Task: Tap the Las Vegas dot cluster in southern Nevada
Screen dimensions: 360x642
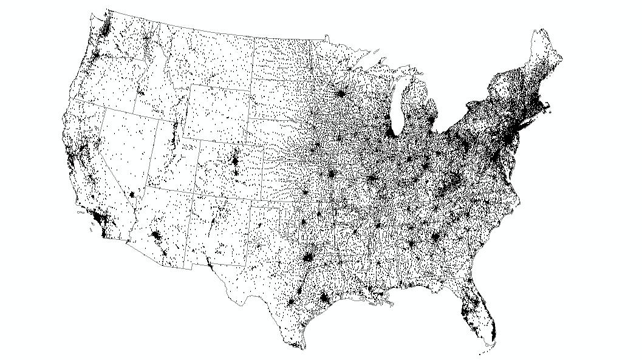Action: [x=132, y=194]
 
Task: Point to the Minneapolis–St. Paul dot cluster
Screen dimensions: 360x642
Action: [x=341, y=95]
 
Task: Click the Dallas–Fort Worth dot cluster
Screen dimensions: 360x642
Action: [x=309, y=259]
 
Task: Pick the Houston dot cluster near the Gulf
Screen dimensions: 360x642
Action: [x=324, y=299]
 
